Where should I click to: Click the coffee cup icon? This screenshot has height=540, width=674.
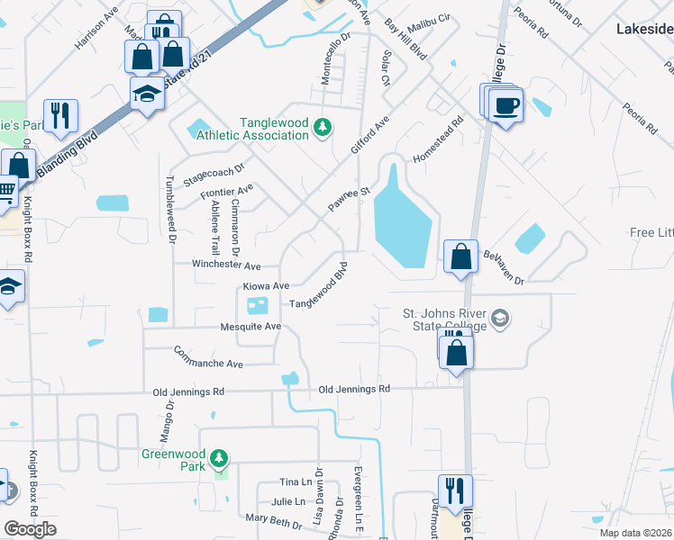pos(506,105)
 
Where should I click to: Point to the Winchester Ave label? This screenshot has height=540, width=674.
pos(226,265)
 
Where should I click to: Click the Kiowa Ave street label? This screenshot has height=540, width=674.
pos(266,285)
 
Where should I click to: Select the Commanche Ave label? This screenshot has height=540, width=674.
pos(209,356)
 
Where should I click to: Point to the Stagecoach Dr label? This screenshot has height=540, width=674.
pos(215,171)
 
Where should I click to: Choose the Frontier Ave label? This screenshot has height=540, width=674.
pos(227,192)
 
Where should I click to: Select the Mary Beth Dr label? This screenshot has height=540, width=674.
pos(274,521)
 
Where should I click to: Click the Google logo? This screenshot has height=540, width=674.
pos(30,529)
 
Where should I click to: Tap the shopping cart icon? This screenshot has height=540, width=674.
pos(5,191)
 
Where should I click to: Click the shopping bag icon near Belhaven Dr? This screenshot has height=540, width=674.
pos(460,256)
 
